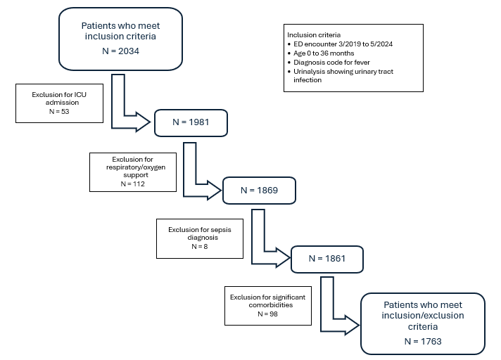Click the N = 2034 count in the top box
tap(120, 51)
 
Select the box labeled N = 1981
tap(191, 123)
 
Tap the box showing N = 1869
tap(259, 191)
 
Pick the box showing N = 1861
tap(327, 259)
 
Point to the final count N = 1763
tap(423, 342)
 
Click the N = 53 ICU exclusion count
tap(59, 111)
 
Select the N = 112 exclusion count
tap(132, 184)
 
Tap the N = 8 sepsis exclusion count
tap(200, 246)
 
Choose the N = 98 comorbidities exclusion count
tap(268, 314)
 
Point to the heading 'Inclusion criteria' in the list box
tap(314, 34)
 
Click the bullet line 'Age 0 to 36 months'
tap(324, 53)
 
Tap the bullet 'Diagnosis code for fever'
tap(331, 63)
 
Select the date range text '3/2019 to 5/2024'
tap(365, 44)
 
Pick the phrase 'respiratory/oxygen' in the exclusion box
tap(136, 167)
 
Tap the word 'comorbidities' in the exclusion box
tap(271, 304)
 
